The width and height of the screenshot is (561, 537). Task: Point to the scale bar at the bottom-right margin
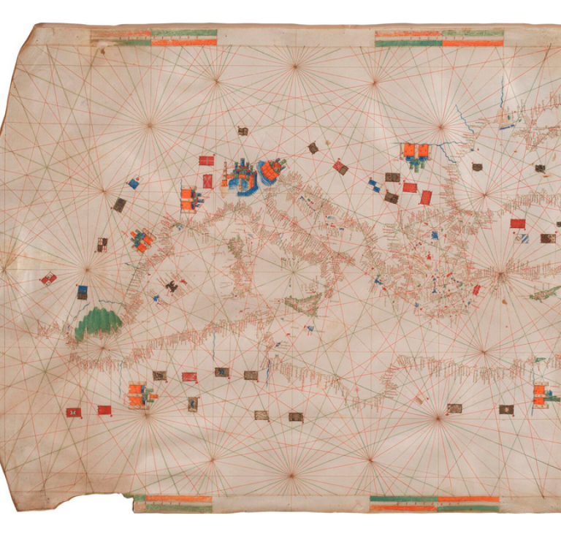[x=435, y=503]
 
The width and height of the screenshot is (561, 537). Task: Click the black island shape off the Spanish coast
[x=172, y=287]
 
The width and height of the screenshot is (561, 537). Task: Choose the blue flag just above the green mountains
[x=83, y=292]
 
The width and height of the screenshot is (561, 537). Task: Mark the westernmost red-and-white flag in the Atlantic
[x=48, y=278]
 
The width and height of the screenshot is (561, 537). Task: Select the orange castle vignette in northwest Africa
[x=138, y=395]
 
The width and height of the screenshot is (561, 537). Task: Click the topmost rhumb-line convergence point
[x=295, y=66]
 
